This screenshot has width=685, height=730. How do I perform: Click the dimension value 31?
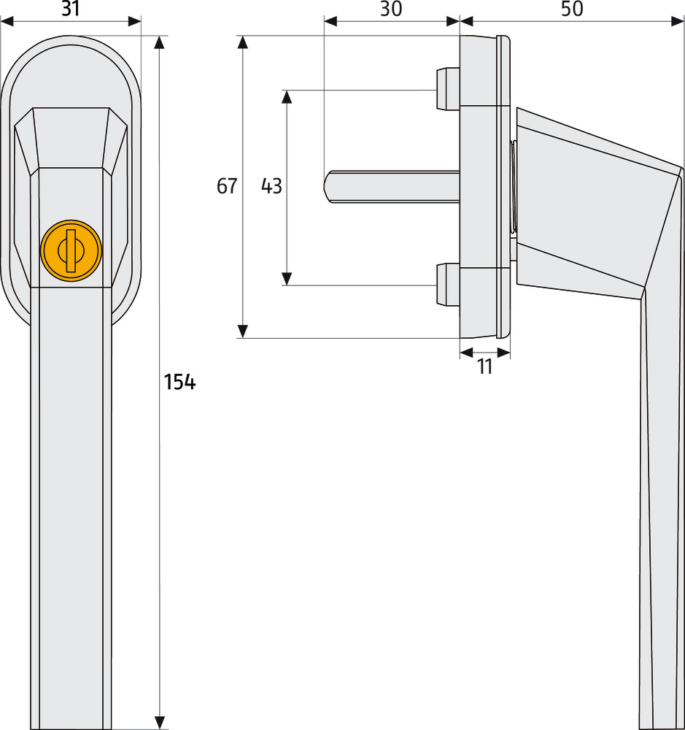70,9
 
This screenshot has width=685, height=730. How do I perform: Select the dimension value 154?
179,382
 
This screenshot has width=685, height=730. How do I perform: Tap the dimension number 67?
227,186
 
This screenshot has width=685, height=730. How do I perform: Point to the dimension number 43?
271,186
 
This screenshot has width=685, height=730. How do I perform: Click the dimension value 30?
391,9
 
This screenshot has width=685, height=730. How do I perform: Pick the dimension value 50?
573,9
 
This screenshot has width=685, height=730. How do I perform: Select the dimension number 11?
485,366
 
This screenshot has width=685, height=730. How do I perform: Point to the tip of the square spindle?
328,186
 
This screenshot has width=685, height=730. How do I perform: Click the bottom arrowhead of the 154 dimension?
160,723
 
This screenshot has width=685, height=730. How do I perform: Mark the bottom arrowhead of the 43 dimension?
287,278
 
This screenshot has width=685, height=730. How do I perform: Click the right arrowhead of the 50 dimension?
678,22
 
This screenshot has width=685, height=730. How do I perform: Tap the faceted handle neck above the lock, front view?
70,139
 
